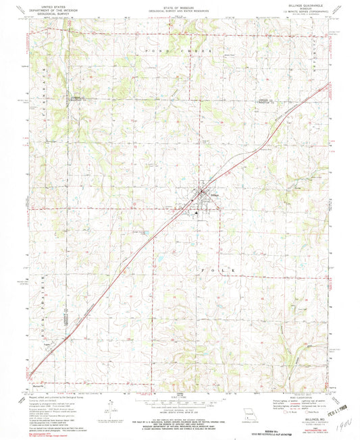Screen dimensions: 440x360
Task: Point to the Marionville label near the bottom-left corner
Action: coord(39,388)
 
